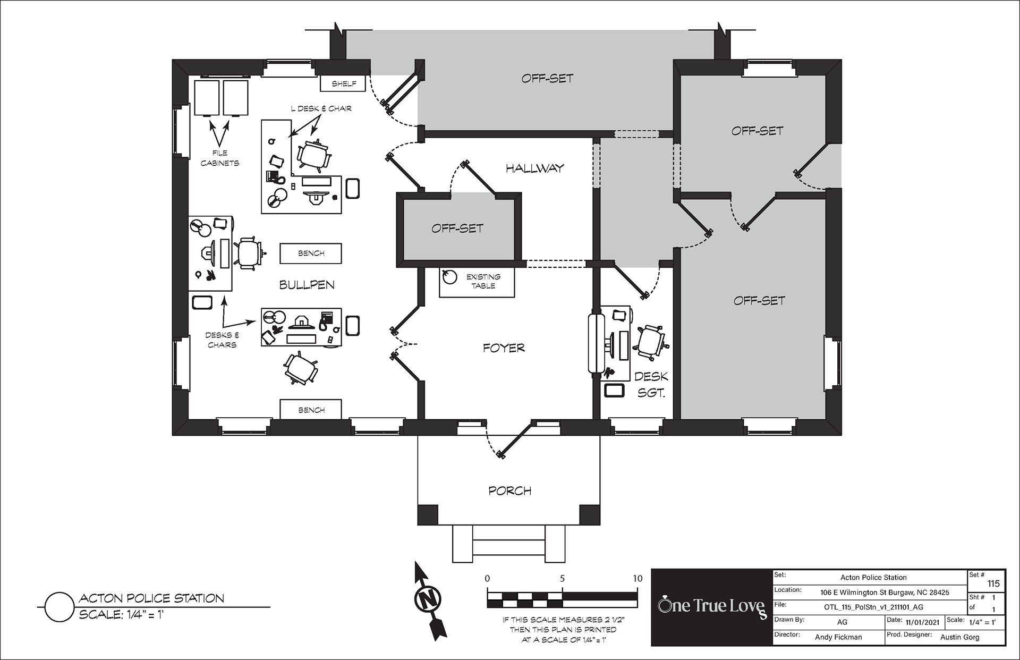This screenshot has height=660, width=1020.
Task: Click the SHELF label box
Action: (x=344, y=83)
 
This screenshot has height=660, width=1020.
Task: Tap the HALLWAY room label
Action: (x=534, y=168)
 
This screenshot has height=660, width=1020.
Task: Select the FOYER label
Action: (x=504, y=348)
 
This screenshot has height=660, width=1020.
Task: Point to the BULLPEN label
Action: (x=307, y=285)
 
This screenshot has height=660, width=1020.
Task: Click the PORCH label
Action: (x=509, y=490)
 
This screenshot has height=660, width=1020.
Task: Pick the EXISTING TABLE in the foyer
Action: (x=477, y=281)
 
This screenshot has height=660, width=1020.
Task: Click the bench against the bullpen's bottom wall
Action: (x=311, y=410)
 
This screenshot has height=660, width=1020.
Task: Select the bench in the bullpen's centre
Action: (x=311, y=253)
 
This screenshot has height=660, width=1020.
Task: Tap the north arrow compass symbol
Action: (x=430, y=599)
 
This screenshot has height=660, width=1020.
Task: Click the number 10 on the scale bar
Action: (x=637, y=578)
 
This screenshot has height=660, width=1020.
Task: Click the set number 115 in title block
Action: (x=993, y=583)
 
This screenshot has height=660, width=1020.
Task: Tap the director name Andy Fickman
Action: (x=838, y=637)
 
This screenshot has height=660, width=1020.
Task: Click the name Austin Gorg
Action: (x=959, y=637)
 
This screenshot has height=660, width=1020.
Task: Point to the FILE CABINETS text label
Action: (x=220, y=158)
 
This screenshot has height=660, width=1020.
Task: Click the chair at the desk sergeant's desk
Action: (x=650, y=341)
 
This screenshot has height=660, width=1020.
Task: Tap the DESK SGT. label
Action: (x=651, y=385)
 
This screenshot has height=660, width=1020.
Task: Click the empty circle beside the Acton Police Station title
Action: (x=58, y=607)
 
